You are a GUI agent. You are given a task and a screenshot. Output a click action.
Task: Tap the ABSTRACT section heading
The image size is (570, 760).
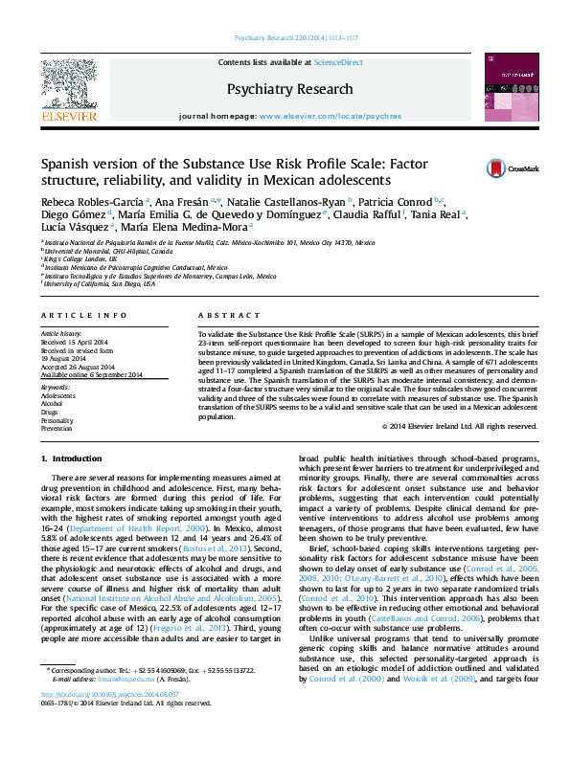[222, 314]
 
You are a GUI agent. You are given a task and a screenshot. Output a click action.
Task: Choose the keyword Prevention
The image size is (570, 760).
[57, 427]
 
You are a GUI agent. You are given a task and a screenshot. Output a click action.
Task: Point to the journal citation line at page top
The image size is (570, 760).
[285, 39]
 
